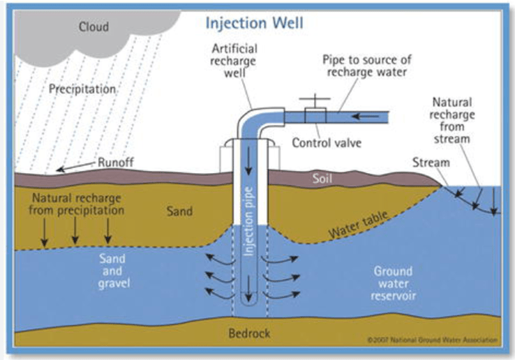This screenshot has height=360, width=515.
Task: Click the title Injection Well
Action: (254, 24)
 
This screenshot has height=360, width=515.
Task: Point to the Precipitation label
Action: (82, 89)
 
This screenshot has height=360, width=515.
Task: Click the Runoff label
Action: (114, 163)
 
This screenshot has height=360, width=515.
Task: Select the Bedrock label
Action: (249, 333)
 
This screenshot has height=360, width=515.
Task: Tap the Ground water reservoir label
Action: (393, 283)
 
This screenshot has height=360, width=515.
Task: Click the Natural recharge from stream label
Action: (456, 119)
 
